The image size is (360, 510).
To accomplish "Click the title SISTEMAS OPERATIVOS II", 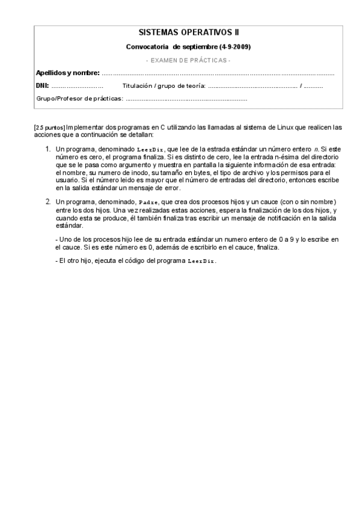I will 188,34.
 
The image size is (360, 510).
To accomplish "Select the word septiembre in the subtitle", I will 200,47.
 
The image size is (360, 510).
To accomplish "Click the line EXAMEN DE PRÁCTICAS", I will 188,60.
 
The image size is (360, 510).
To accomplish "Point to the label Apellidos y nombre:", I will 68,73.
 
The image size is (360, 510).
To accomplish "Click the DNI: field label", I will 42,86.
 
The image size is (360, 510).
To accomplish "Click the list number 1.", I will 48,148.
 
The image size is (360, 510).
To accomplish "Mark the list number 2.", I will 48,201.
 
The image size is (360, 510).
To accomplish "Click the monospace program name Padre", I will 147,201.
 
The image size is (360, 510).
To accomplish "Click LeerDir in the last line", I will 201,261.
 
